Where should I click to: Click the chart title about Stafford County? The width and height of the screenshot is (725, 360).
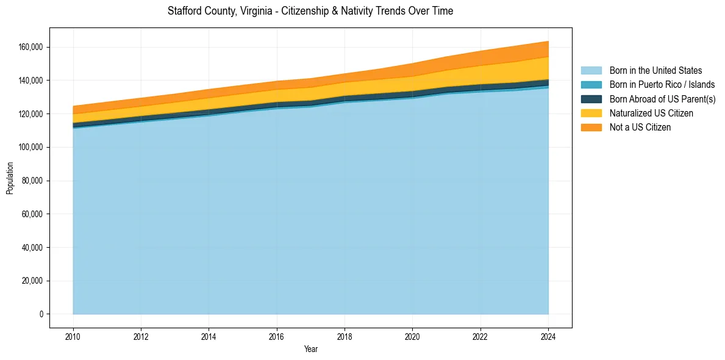pos(310,11)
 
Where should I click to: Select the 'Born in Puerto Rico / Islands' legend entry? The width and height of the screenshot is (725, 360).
pos(662,85)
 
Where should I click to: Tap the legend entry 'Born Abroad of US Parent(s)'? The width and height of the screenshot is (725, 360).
pos(662,99)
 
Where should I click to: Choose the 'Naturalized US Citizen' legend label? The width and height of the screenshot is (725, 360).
pos(651,113)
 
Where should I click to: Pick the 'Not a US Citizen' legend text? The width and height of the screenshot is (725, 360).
pos(640,128)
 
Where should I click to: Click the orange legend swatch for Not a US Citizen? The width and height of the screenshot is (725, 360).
pos(591,128)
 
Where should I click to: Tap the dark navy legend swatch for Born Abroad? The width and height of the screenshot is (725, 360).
pos(591,99)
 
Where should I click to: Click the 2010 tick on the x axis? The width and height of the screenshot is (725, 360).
pos(73,336)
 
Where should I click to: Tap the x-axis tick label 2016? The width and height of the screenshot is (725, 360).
pos(277,336)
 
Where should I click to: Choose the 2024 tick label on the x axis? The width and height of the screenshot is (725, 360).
pos(548,336)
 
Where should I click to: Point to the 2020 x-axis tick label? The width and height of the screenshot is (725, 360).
pos(413,336)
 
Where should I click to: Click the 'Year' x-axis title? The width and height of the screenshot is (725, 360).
pos(310,350)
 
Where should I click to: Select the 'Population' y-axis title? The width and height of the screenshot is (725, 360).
pos(10,178)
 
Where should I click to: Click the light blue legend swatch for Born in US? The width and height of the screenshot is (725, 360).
pos(591,71)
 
